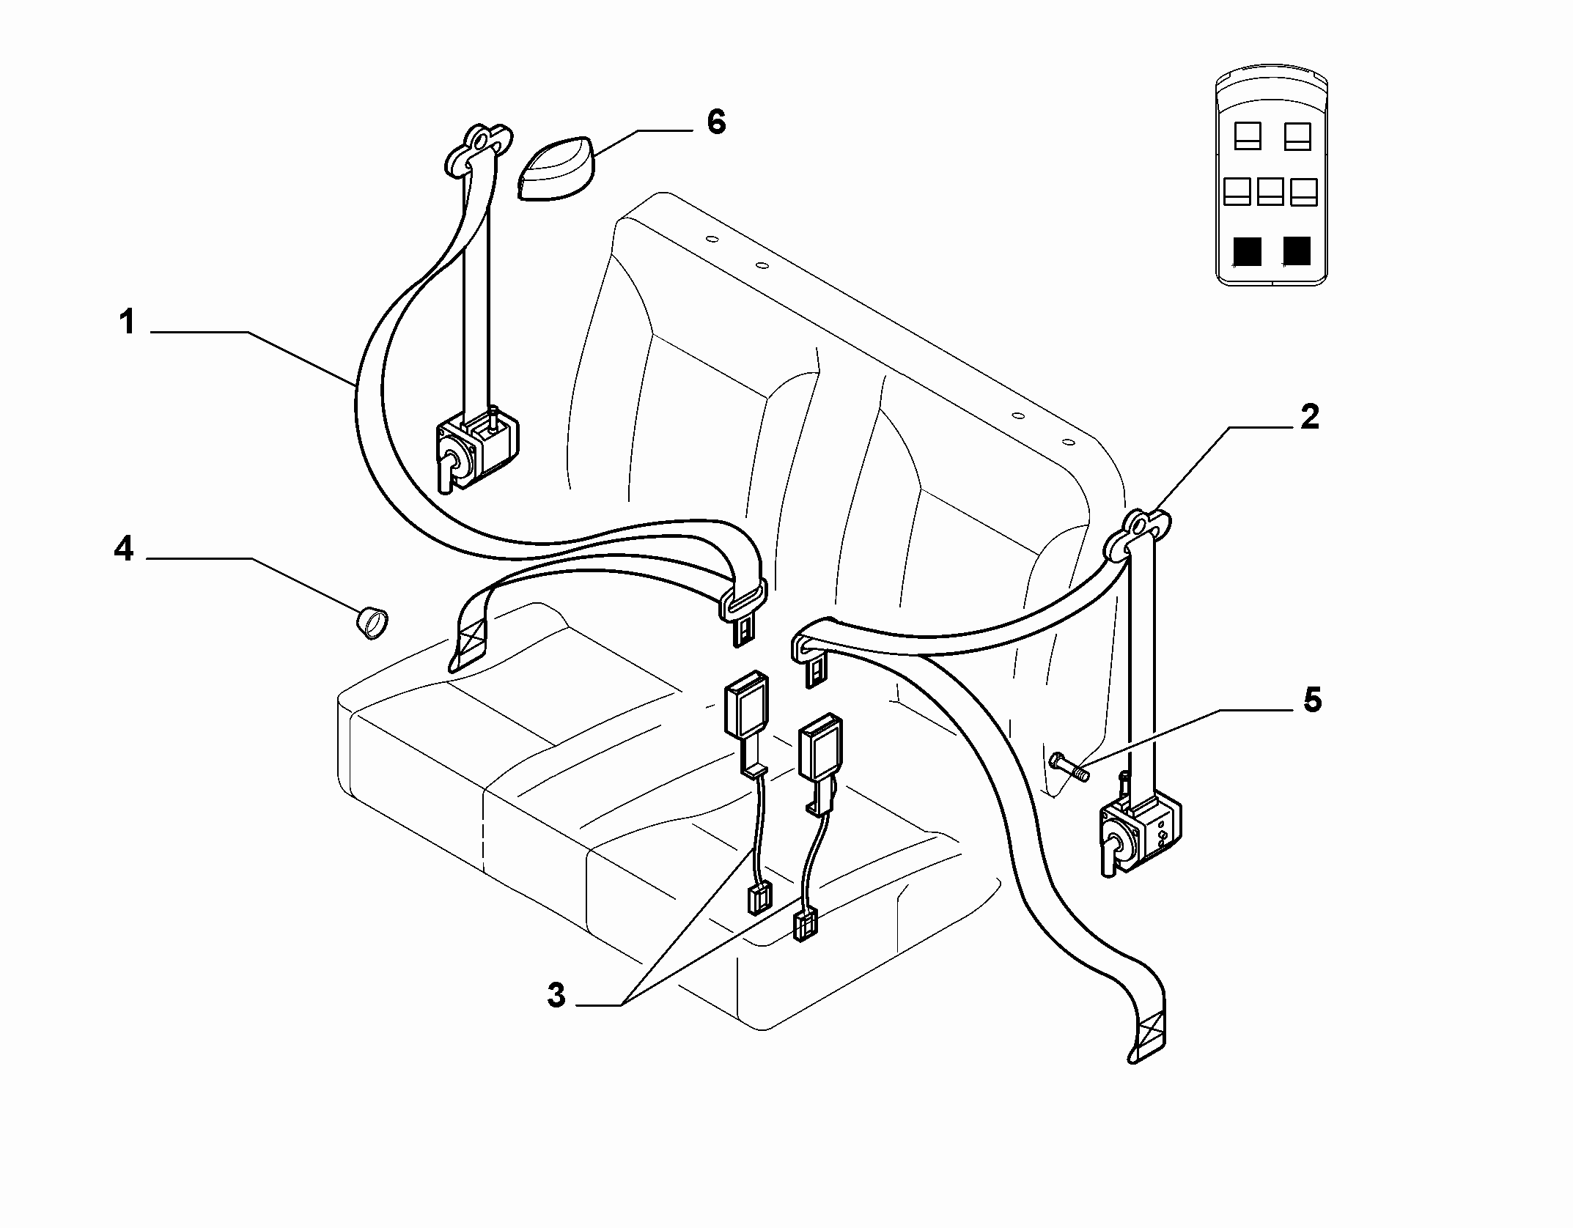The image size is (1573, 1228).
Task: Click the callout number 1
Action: (128, 322)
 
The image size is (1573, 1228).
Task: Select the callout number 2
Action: (1309, 417)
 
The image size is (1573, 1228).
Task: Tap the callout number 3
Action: (556, 996)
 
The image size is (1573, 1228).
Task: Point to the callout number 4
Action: (124, 548)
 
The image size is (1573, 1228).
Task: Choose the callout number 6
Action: (715, 122)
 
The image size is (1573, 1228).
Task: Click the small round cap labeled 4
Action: (372, 624)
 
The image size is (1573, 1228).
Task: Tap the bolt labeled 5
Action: (1069, 766)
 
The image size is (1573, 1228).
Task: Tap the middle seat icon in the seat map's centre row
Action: (1270, 191)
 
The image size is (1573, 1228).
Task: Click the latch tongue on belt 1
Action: (743, 613)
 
